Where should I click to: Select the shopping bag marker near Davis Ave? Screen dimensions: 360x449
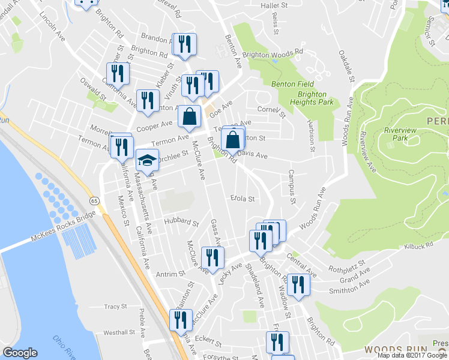coord(233,139)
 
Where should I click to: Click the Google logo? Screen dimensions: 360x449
coord(20,353)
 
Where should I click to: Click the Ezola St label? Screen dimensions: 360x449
coord(243,198)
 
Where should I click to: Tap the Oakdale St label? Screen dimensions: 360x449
coord(352,67)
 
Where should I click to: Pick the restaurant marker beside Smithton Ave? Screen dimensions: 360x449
coord(297,285)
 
